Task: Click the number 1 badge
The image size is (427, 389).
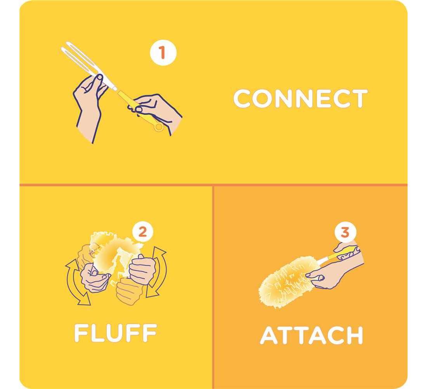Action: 163,52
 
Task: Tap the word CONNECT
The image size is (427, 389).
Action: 300,98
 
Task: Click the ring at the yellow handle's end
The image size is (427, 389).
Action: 158,127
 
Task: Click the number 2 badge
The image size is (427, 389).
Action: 143,232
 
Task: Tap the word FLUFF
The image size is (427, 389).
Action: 115,333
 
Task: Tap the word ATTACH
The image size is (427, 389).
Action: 312,335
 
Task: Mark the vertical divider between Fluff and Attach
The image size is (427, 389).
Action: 213,287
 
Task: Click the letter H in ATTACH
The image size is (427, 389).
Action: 354,335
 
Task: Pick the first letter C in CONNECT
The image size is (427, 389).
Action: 242,98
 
